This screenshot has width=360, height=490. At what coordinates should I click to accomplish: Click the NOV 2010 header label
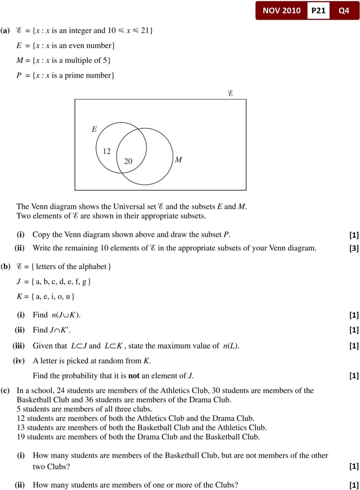pyautogui.click(x=281, y=10)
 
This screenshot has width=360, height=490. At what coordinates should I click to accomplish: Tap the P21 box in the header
pyautogui.click(x=318, y=10)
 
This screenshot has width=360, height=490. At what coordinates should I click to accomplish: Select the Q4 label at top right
pyautogui.click(x=344, y=10)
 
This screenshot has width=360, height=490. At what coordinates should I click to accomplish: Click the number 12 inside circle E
pyautogui.click(x=107, y=151)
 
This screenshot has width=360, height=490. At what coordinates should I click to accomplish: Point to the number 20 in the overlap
pyautogui.click(x=128, y=161)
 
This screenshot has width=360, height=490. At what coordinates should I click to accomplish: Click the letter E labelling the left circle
pyautogui.click(x=94, y=129)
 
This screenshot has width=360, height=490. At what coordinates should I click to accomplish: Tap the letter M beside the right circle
pyautogui.click(x=178, y=160)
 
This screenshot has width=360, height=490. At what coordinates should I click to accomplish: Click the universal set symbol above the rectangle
pyautogui.click(x=230, y=93)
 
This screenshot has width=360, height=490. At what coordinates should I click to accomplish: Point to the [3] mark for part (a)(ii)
pyautogui.click(x=354, y=248)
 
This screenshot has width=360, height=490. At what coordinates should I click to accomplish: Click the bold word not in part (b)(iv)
pyautogui.click(x=134, y=376)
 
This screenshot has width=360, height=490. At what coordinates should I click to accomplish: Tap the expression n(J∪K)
pyautogui.click(x=66, y=315)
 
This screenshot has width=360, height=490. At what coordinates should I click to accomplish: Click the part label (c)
pyautogui.click(x=5, y=390)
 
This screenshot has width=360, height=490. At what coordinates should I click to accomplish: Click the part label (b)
pyautogui.click(x=6, y=266)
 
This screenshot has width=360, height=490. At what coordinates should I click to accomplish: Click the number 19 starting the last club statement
pyautogui.click(x=21, y=437)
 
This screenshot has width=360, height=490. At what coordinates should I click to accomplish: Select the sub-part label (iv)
pyautogui.click(x=19, y=361)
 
